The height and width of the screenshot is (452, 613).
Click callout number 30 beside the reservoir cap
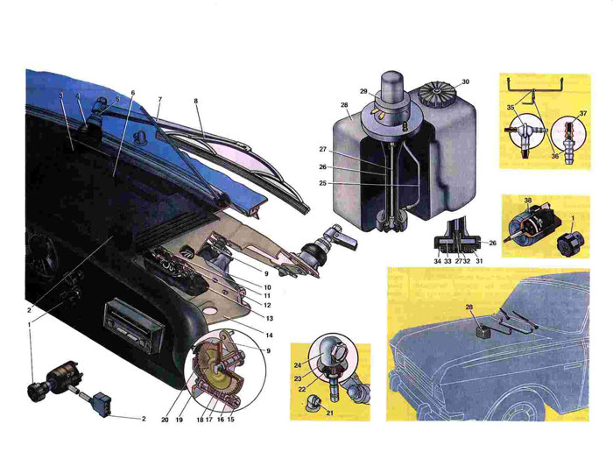tap(465, 81)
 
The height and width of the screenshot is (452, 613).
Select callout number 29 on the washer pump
tap(363, 91)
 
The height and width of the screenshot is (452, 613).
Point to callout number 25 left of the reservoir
tap(323, 183)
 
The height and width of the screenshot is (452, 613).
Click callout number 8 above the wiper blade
tap(196, 101)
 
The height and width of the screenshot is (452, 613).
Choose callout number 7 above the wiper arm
tap(159, 99)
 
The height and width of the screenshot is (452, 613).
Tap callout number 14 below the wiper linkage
tap(269, 335)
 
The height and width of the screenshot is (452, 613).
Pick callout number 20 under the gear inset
tap(165, 420)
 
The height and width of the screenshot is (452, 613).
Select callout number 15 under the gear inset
tap(230, 420)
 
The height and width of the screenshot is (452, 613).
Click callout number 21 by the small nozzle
tap(329, 413)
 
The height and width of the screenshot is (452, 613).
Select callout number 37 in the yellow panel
tap(583, 113)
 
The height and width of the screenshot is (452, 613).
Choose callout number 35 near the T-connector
tap(511, 107)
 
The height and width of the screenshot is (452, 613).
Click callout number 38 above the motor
tap(528, 201)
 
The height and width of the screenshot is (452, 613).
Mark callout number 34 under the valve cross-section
tap(438, 261)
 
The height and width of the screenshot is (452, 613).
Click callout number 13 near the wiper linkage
tap(270, 318)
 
